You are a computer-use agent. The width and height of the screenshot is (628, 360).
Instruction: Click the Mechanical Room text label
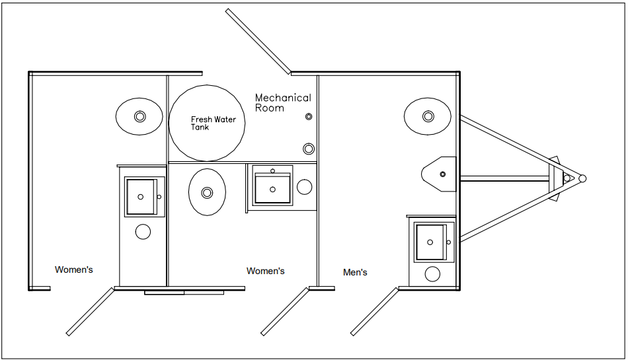pos(282,102)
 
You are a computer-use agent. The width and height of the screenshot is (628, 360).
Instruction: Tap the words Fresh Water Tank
pos(213,123)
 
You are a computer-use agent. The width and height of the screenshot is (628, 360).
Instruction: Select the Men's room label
pos(355,272)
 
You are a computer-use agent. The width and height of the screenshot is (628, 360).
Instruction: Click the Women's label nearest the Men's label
pos(265,271)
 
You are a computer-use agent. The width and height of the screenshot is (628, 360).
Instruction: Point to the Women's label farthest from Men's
pos(73,270)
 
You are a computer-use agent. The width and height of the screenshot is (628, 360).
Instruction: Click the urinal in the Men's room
pos(440,174)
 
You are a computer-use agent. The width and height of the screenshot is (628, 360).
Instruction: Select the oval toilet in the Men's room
pos(428,117)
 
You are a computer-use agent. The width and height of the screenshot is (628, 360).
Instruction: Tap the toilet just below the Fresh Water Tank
pos(207,192)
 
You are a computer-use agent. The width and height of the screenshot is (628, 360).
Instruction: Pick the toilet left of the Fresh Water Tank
pos(139,116)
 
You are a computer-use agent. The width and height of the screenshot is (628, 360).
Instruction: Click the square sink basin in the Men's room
pos(432,242)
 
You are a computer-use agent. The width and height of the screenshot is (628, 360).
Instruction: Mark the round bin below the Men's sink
pos(432,274)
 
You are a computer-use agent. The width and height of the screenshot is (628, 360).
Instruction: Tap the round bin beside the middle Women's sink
pos(304,187)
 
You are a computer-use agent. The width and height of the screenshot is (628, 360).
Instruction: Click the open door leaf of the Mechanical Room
pos(258,40)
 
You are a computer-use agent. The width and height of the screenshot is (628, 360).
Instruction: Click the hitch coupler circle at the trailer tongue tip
pos(582,178)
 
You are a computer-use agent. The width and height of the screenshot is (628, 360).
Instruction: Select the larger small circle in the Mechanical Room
pos(309,148)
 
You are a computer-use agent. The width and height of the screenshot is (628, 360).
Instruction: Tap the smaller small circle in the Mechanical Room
pos(309,117)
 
